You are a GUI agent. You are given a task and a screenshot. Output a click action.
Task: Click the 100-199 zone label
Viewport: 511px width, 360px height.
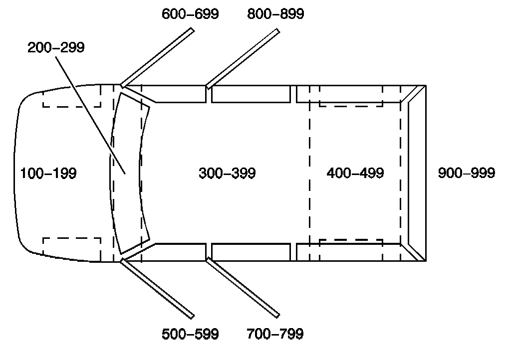[48, 173]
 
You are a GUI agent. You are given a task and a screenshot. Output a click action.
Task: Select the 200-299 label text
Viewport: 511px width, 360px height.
[56, 47]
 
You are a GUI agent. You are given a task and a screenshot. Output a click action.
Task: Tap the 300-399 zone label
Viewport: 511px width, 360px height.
[227, 173]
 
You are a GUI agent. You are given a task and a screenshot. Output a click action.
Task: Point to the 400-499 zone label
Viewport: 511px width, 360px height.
[355, 173]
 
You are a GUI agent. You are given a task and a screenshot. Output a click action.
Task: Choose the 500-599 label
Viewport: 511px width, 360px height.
[190, 334]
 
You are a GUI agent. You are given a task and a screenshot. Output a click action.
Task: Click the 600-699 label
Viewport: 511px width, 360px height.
[190, 14]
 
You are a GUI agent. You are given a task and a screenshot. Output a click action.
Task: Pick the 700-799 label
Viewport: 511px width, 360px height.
[275, 334]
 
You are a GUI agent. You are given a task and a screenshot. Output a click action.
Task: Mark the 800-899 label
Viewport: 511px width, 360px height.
[275, 14]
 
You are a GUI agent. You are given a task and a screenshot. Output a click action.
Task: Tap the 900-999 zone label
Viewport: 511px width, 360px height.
[467, 173]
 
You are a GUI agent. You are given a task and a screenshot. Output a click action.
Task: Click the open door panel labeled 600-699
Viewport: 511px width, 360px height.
[157, 57]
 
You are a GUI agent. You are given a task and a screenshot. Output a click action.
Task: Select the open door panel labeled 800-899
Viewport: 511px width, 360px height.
[243, 58]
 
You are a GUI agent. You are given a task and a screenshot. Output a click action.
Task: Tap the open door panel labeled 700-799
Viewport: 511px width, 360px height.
[243, 287]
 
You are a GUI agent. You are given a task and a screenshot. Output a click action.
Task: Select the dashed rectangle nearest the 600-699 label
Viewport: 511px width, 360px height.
[71, 99]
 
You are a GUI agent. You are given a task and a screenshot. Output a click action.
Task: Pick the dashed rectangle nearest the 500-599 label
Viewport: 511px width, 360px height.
[71, 246]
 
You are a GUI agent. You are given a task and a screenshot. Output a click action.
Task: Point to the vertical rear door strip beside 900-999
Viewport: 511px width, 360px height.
[417, 173]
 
